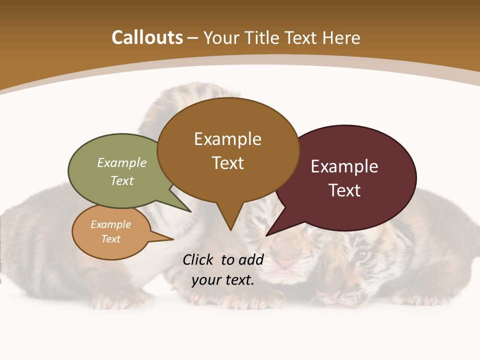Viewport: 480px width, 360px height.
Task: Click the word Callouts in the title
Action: coord(147,37)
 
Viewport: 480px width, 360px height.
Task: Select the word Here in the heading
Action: coord(341,38)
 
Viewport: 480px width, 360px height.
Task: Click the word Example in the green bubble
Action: coord(122,162)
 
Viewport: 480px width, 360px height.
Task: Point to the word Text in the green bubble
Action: coord(122,180)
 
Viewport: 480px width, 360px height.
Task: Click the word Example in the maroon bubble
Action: coord(344,166)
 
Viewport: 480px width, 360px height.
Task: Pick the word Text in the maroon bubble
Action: coord(344,190)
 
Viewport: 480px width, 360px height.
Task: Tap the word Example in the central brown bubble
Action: coord(227,139)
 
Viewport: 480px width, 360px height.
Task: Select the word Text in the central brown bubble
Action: coord(227,163)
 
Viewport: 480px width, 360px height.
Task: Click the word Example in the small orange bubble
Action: coord(111,224)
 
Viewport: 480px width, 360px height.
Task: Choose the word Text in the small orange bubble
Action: coord(111,239)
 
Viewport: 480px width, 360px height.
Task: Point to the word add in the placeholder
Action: coord(251,259)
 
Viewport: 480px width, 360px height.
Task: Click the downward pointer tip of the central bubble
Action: coord(230,230)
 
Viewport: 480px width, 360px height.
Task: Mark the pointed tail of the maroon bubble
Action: coord(267,235)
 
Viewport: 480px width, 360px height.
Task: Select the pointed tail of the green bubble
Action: coord(190,211)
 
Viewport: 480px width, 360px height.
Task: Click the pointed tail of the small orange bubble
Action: coord(172,239)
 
